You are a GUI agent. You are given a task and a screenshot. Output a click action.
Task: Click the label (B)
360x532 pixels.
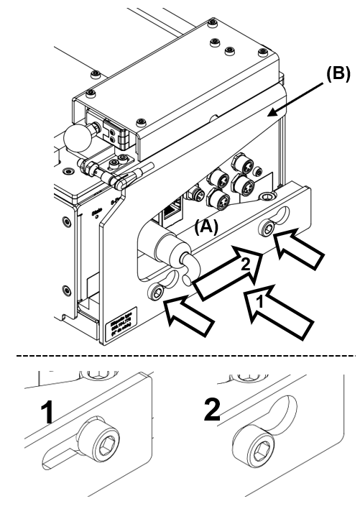338,75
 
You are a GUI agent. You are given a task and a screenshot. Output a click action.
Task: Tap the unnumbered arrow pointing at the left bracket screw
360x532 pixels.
189,316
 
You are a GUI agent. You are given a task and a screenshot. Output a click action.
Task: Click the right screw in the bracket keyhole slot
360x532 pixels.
267,229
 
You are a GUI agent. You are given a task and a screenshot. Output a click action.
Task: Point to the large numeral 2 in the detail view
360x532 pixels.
213,408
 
